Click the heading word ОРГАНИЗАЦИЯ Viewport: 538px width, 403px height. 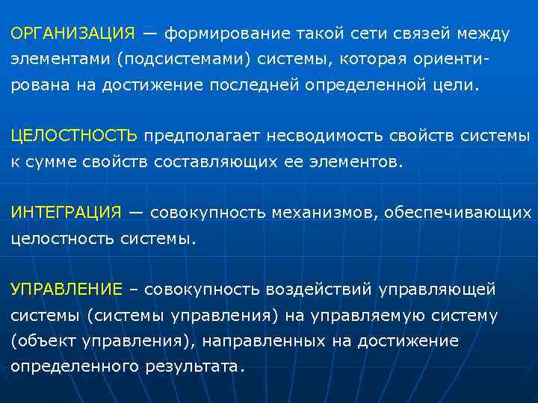(x=72, y=34)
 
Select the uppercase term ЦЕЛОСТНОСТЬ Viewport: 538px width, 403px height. (x=74, y=136)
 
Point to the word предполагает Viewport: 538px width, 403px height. (x=198, y=136)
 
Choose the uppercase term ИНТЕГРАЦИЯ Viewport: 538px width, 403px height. (x=65, y=212)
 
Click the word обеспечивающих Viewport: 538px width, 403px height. (x=457, y=212)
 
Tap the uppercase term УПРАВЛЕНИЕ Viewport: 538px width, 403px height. (x=67, y=289)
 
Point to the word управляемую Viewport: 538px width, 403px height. (x=364, y=315)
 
